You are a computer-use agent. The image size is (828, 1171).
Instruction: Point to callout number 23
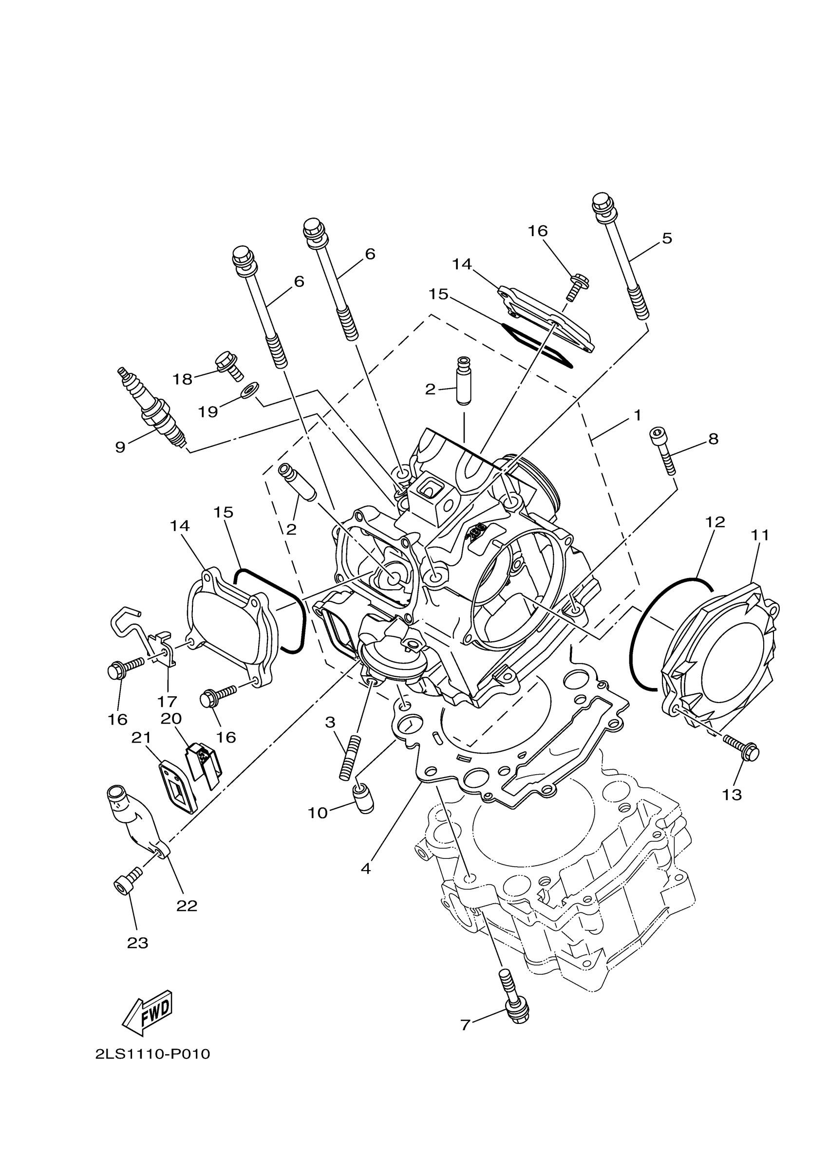click(x=137, y=943)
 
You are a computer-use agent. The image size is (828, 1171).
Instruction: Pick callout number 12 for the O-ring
click(x=715, y=522)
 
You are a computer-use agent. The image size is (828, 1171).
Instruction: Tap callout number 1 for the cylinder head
click(x=637, y=416)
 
